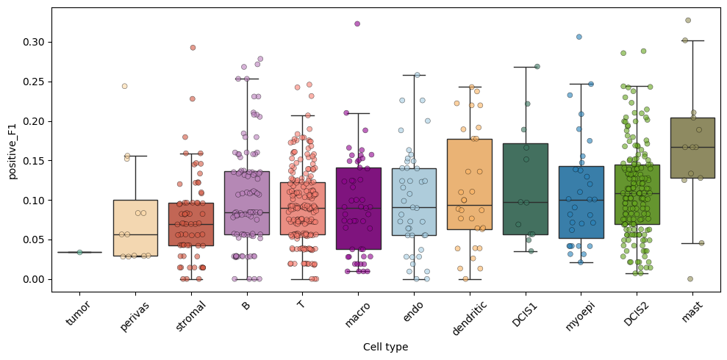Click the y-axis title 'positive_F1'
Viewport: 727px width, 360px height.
[x=12, y=150]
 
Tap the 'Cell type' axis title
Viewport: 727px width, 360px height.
[x=385, y=347]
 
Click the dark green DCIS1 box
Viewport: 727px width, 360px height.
[x=526, y=189]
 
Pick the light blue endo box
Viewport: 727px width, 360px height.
[x=414, y=201]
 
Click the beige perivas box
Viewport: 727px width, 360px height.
[x=135, y=228]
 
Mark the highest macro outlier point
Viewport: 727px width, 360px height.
[x=357, y=24]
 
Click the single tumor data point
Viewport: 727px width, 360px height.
[x=79, y=252]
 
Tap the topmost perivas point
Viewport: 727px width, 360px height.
[x=124, y=86]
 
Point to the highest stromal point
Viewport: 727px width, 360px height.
[x=193, y=48]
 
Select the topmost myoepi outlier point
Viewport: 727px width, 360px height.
[x=579, y=37]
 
